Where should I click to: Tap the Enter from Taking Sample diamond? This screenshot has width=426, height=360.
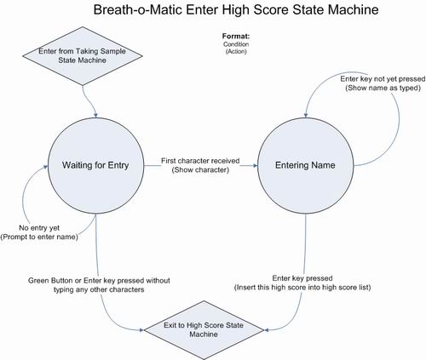(83, 56)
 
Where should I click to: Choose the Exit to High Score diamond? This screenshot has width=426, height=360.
(204, 330)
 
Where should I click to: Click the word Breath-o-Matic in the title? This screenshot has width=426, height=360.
(138, 9)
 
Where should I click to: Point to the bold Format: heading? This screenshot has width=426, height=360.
(236, 37)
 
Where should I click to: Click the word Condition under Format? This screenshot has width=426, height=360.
(236, 44)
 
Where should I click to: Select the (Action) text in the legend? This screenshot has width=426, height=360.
(236, 51)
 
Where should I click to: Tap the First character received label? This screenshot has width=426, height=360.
(200, 161)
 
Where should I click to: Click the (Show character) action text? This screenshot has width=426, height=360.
(200, 170)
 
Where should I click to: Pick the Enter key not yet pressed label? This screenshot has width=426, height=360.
(383, 78)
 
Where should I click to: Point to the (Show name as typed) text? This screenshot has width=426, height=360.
(383, 88)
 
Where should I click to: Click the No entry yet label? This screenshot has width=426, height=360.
(39, 228)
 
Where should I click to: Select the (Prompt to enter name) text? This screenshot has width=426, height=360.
(39, 237)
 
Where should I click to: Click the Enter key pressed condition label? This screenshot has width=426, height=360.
(302, 278)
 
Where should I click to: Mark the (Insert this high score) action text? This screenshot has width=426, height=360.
(302, 288)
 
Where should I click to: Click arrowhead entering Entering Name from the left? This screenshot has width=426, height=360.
(256, 166)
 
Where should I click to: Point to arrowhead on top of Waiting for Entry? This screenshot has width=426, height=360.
(96, 116)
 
